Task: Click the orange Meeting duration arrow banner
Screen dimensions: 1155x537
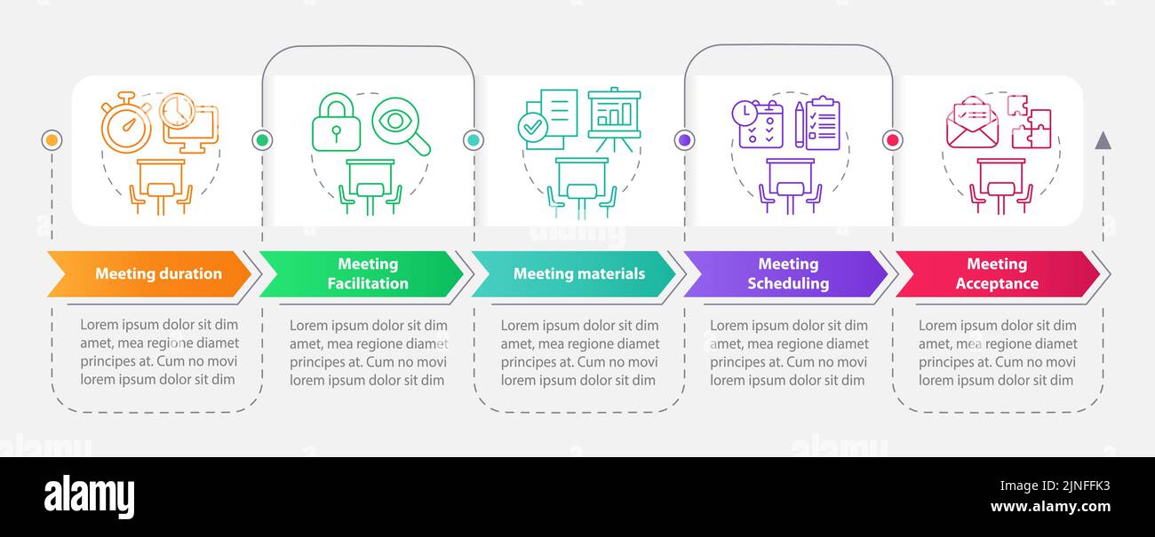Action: click(x=149, y=273)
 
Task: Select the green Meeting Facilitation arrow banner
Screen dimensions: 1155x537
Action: click(x=361, y=273)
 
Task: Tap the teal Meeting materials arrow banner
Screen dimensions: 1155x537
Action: click(x=573, y=273)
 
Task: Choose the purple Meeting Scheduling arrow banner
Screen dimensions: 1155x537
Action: click(x=785, y=273)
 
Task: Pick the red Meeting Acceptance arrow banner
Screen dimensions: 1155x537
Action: click(x=998, y=273)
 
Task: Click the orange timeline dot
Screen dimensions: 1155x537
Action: click(x=52, y=140)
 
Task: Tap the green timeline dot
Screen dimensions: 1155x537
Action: click(x=262, y=140)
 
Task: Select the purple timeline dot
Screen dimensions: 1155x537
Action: click(x=685, y=140)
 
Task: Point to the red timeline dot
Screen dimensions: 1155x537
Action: click(x=893, y=140)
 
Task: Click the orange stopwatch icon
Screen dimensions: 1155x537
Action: click(x=126, y=122)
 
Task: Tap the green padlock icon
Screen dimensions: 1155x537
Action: click(x=336, y=122)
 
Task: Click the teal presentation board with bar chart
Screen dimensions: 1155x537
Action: click(x=614, y=119)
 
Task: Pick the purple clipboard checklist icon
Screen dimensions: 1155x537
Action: click(x=823, y=123)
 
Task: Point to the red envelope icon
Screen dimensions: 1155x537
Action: click(x=973, y=122)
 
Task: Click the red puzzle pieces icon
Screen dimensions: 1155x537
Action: click(x=1030, y=122)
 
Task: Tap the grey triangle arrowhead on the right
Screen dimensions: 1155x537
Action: click(x=1103, y=141)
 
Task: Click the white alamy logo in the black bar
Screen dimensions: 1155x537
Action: click(x=89, y=497)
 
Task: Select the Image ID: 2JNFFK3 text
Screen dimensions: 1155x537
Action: click(x=1055, y=486)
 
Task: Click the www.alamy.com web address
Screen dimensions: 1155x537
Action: click(x=1050, y=507)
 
